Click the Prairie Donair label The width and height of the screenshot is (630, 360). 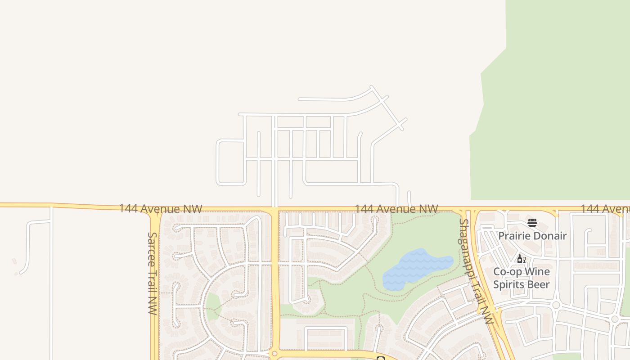pyautogui.click(x=532, y=236)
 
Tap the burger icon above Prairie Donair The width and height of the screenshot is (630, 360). pyautogui.click(x=532, y=222)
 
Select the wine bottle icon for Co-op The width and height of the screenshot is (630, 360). pyautogui.click(x=520, y=259)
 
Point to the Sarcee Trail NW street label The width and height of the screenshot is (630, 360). pyautogui.click(x=152, y=273)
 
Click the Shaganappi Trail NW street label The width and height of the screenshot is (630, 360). pyautogui.click(x=476, y=271)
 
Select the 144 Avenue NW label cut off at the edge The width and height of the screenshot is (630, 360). pyautogui.click(x=605, y=209)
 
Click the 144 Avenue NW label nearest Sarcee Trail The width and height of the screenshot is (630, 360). pyautogui.click(x=160, y=208)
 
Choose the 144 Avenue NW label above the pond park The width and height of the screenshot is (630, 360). pyautogui.click(x=396, y=209)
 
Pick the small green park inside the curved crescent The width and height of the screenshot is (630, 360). pyautogui.click(x=212, y=306)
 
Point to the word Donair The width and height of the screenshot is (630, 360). pyautogui.click(x=549, y=236)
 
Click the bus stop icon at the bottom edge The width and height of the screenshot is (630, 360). pyautogui.click(x=380, y=358)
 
